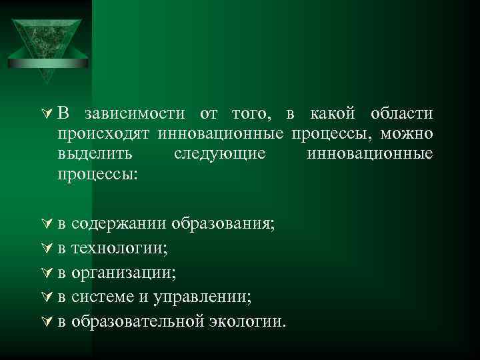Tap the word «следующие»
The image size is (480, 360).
(x=219, y=154)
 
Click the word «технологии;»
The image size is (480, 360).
(x=119, y=248)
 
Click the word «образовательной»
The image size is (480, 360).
(x=137, y=321)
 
